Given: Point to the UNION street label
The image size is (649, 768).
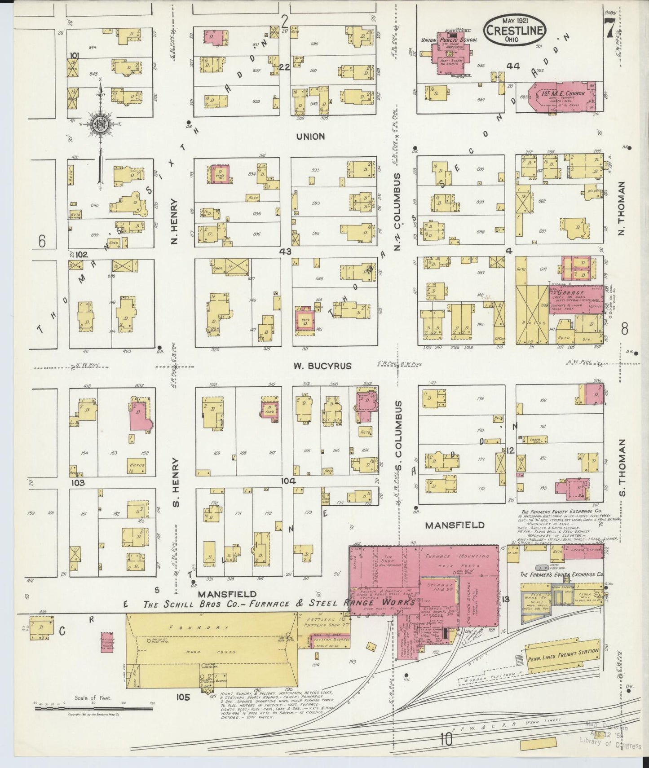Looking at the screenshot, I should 310,136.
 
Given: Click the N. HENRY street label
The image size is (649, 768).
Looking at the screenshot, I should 175,221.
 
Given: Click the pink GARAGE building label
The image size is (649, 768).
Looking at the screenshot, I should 571,292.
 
